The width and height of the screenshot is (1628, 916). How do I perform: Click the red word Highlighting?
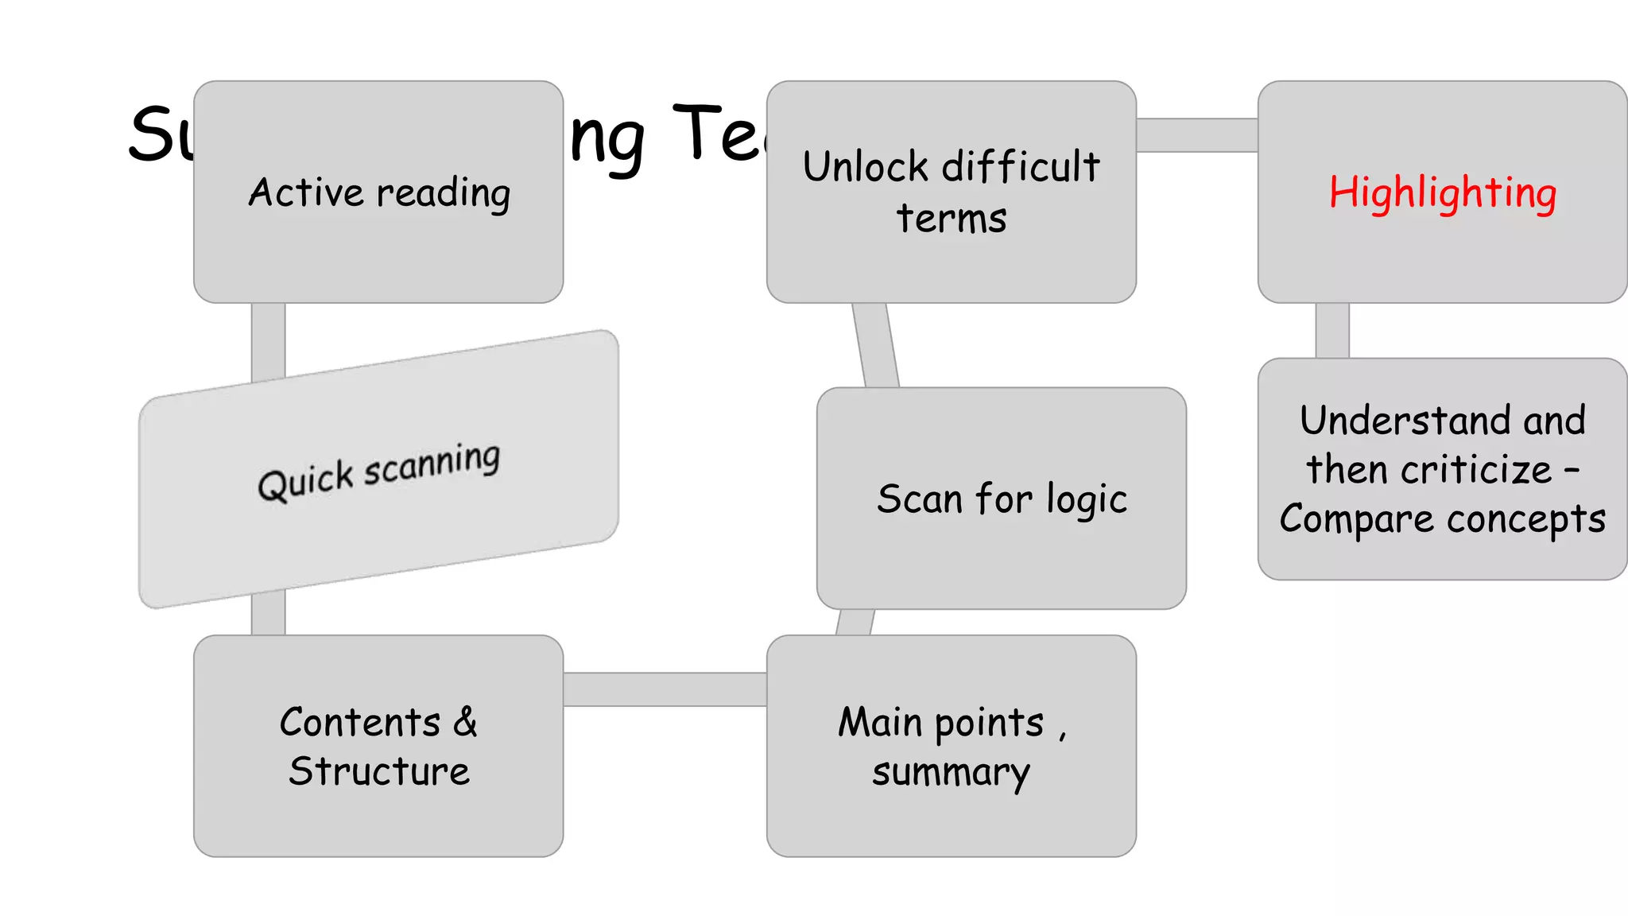coord(1442,193)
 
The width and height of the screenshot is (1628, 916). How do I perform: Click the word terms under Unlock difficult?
coord(952,219)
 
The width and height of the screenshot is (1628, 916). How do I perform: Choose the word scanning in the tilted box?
coord(432,464)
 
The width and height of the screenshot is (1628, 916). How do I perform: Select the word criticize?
coord(1476,470)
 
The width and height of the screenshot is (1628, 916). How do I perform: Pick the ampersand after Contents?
coord(466,722)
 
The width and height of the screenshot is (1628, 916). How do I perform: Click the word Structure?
coord(379,771)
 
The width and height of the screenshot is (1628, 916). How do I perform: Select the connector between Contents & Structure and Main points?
coord(665,689)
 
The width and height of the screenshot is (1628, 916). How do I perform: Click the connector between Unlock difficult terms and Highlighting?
coord(1196,135)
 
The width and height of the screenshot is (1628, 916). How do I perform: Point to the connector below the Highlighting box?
coord(1332,330)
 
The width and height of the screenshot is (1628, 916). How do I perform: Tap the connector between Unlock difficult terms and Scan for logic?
coord(875,345)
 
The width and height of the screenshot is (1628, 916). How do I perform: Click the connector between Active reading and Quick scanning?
coord(268,340)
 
